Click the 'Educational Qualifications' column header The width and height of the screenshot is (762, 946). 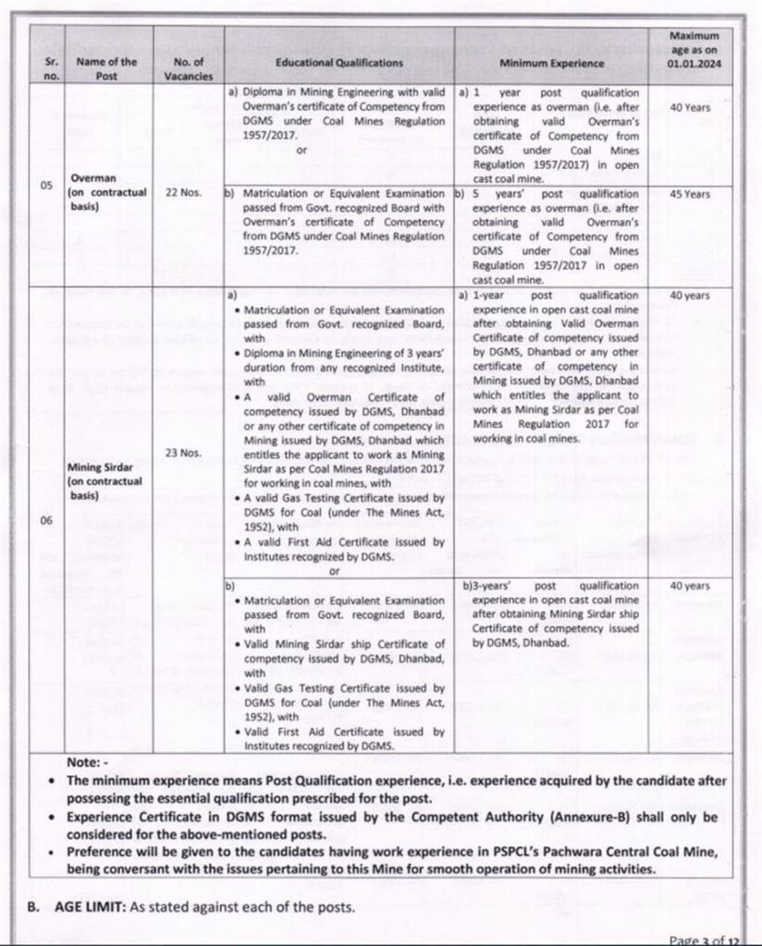pos(339,63)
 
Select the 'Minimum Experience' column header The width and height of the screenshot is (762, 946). pos(552,63)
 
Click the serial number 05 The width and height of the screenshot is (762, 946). pos(45,186)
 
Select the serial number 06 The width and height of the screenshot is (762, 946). pos(45,520)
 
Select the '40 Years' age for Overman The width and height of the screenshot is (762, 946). pos(691,107)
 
